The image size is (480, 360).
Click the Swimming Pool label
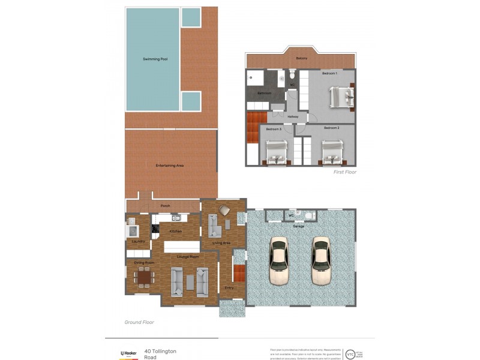(155, 59)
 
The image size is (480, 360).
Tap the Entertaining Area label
(169, 165)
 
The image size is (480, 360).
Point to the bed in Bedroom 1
(341, 96)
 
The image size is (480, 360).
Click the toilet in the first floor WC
(292, 76)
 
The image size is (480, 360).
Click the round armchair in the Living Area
(224, 210)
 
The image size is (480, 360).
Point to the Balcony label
(302, 58)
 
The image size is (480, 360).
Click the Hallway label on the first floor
(293, 116)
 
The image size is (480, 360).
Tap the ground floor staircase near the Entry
(239, 273)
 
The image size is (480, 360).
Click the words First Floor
(345, 172)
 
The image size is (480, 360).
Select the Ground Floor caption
(139, 322)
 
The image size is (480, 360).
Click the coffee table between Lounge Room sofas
(190, 282)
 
